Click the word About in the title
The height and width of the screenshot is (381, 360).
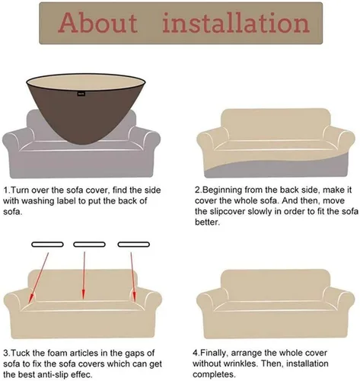point(98,23)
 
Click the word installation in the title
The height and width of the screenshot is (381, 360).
point(236,23)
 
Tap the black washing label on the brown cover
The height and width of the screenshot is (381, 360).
point(81,94)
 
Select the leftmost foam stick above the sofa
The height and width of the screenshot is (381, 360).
point(47,245)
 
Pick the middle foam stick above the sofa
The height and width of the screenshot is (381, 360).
point(89,245)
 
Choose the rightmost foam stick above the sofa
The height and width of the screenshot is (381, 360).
point(134,245)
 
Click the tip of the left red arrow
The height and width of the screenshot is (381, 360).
point(30,303)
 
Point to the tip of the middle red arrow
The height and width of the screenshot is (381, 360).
point(83,299)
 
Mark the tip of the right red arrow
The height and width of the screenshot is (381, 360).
point(135,301)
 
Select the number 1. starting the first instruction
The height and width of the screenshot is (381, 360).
point(6,190)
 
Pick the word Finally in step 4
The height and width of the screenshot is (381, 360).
point(213,354)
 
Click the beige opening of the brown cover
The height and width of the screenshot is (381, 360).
point(86,82)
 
